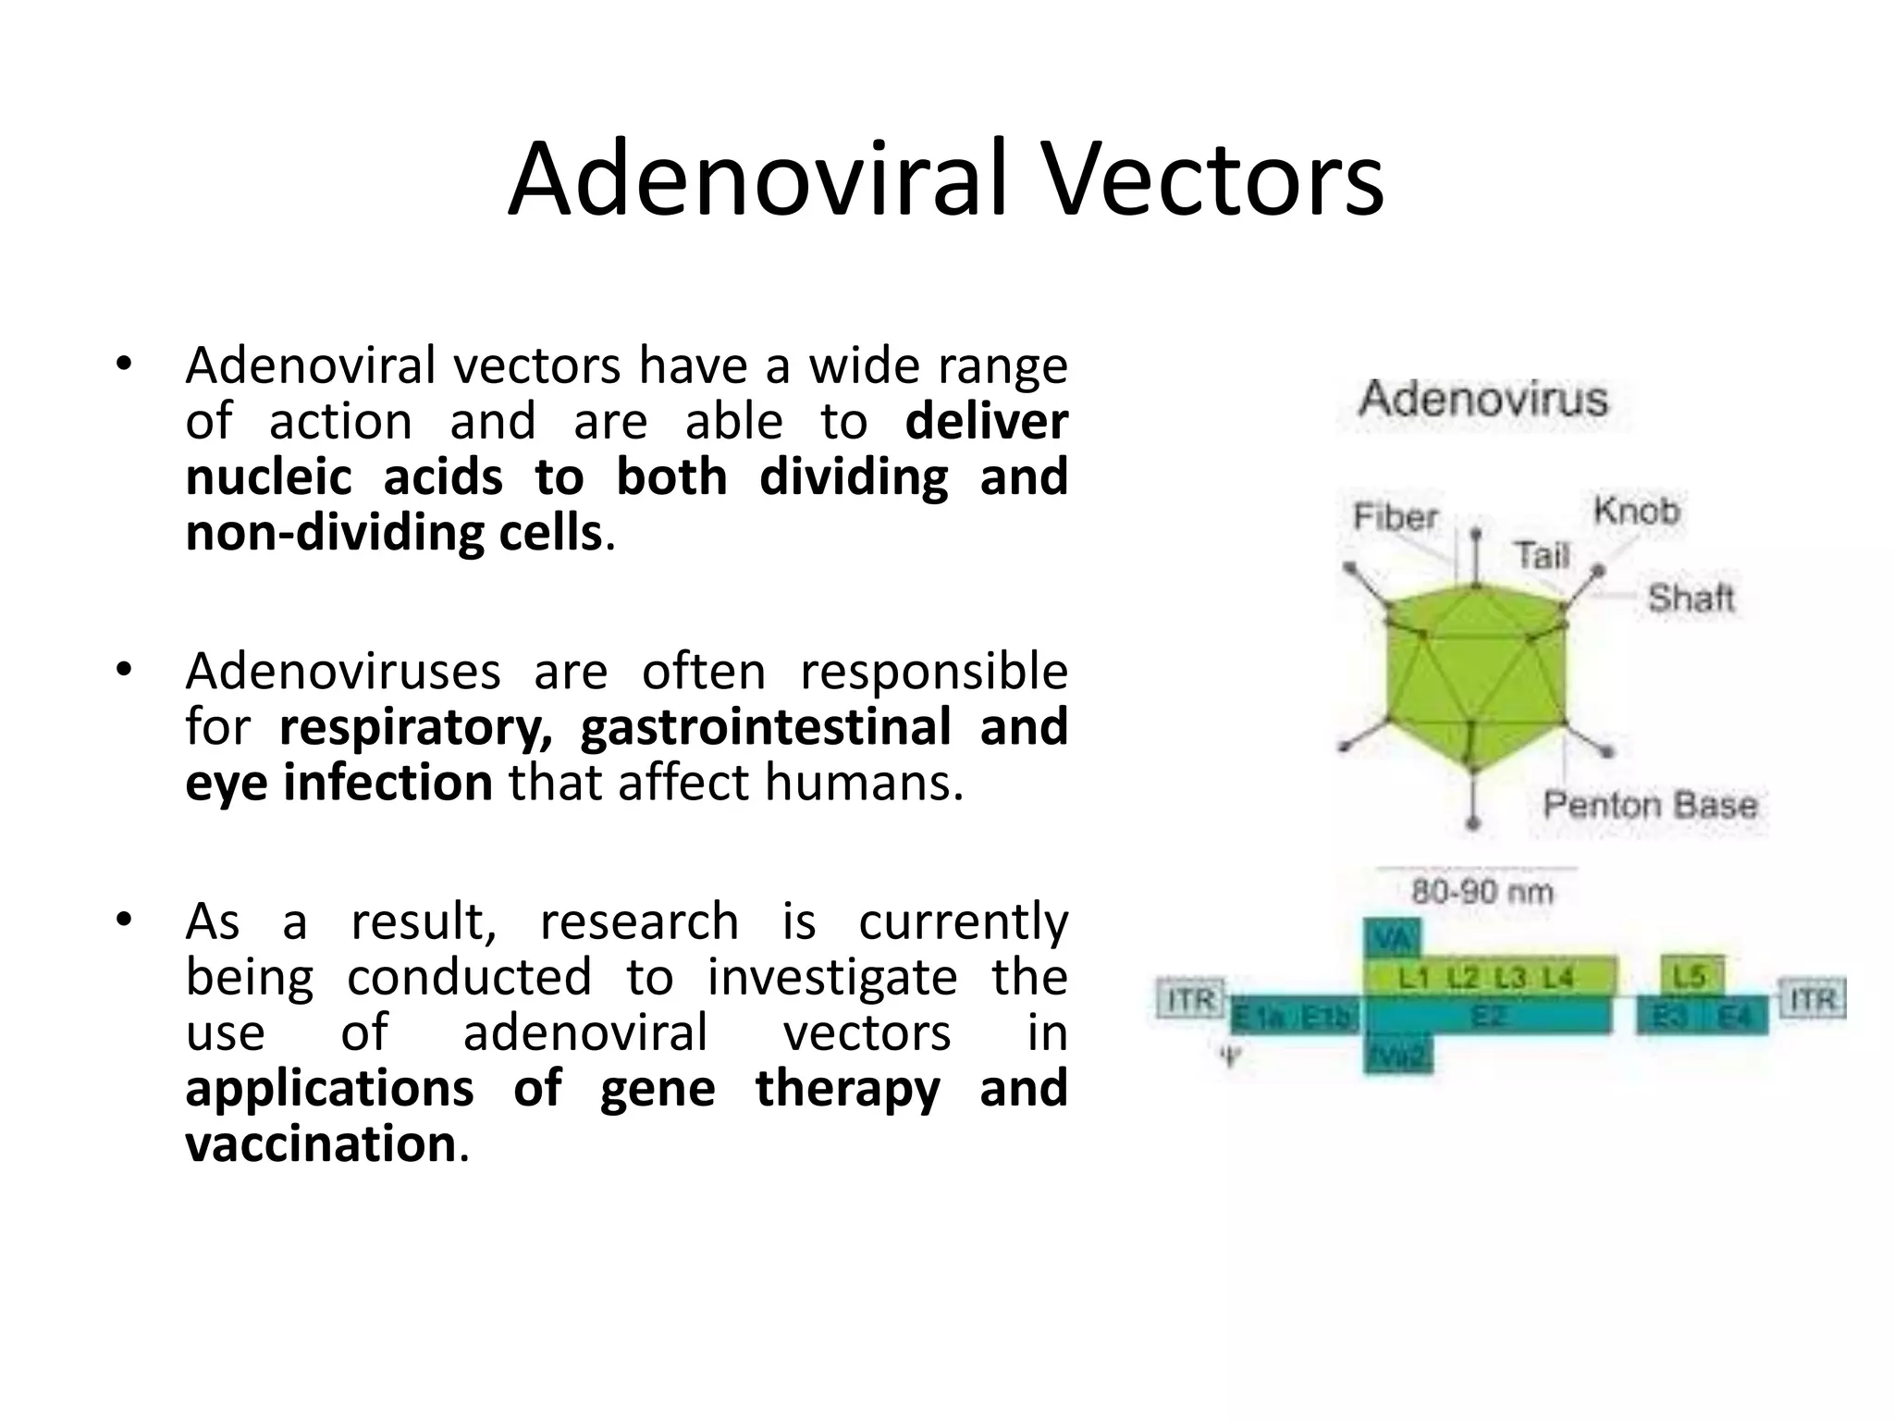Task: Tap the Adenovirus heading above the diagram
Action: (1483, 400)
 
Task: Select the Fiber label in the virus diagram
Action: (1396, 516)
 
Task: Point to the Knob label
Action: (1636, 511)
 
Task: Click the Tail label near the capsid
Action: (1542, 555)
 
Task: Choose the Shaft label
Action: (1691, 598)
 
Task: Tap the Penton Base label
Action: (1650, 805)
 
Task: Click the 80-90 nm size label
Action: (1482, 892)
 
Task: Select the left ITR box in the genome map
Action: (1190, 1000)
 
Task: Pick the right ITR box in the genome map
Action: (1813, 999)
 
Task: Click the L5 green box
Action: (1691, 976)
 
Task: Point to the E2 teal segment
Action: (1489, 1018)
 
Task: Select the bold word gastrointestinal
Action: (765, 727)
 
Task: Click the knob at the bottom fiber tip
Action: (1474, 822)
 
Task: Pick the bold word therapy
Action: (847, 1089)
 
